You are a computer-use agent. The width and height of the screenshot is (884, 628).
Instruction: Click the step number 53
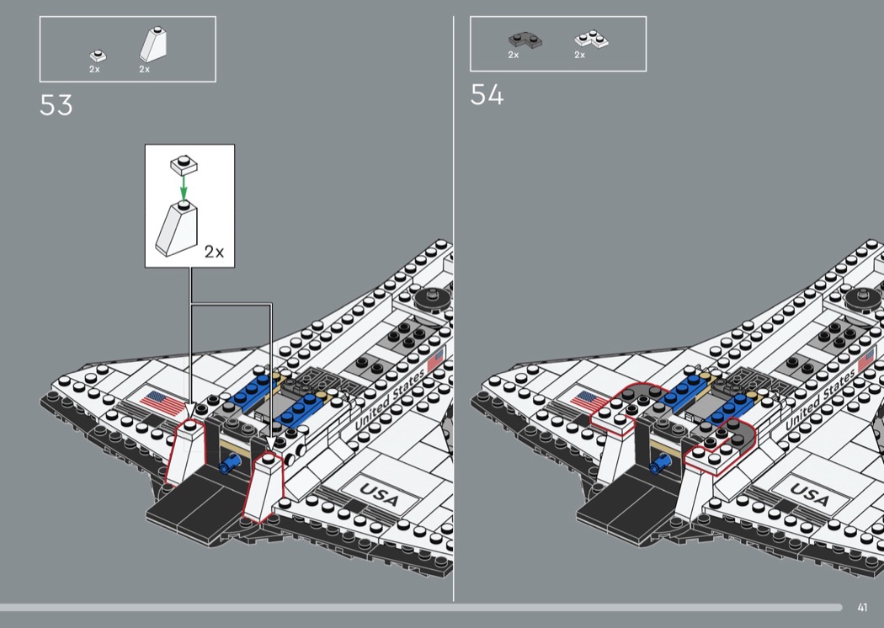(x=56, y=105)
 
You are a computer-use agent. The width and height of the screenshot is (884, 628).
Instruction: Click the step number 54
(x=487, y=95)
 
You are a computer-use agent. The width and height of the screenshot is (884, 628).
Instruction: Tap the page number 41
(x=862, y=607)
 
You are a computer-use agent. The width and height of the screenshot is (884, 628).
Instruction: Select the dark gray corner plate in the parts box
(x=525, y=40)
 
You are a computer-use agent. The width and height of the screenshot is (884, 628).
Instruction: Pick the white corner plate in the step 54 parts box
(x=591, y=39)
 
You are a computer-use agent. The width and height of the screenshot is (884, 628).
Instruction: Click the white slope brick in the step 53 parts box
(x=153, y=45)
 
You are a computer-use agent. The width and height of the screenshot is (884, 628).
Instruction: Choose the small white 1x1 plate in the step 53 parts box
(x=98, y=56)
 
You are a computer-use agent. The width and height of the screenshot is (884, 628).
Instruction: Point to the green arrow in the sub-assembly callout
(x=184, y=187)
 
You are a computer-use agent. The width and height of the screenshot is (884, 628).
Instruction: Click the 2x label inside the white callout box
(x=214, y=252)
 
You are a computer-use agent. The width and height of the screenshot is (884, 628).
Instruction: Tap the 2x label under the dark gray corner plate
(x=513, y=55)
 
